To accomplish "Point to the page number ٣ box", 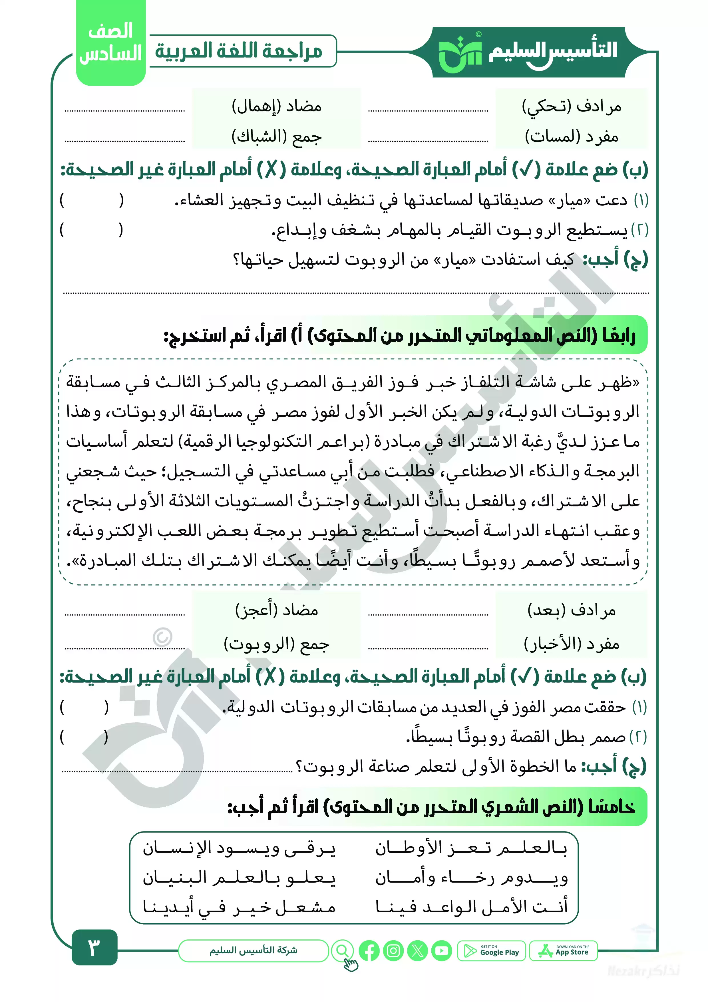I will click(94, 947).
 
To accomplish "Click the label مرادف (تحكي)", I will click(572, 106).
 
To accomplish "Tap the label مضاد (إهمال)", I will click(277, 106).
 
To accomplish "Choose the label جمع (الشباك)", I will click(277, 137).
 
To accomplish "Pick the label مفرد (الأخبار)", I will click(572, 643).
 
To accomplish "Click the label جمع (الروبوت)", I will click(277, 643).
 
